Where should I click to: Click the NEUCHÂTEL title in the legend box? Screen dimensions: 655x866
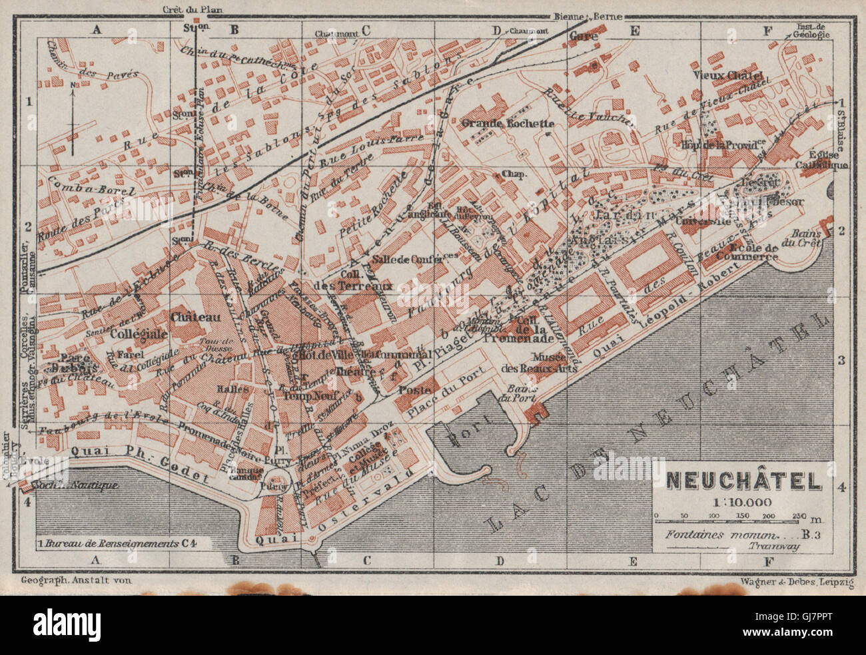(744, 481)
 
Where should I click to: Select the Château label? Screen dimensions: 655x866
(195, 318)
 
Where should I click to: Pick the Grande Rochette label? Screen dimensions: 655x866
(508, 123)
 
